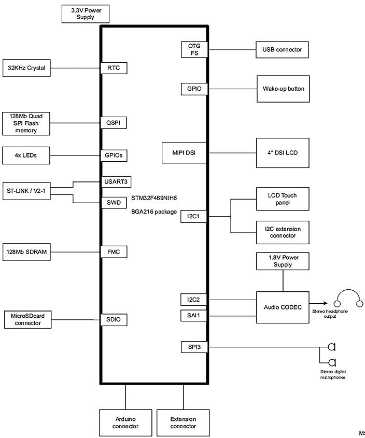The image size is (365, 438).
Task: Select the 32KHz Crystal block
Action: [x=26, y=68]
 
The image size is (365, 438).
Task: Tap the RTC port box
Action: [x=114, y=68]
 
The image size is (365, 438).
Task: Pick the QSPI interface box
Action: [x=114, y=123]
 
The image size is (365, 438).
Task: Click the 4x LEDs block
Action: [x=26, y=154]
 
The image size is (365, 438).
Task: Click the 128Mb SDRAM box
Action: [x=26, y=251]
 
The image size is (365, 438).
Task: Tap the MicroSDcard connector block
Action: [x=26, y=319]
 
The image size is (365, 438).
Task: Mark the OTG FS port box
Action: [x=194, y=49]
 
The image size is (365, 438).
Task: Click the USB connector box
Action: [x=282, y=50]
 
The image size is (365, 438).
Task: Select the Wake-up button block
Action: [x=283, y=89]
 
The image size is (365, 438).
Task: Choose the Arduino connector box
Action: [x=125, y=422]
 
